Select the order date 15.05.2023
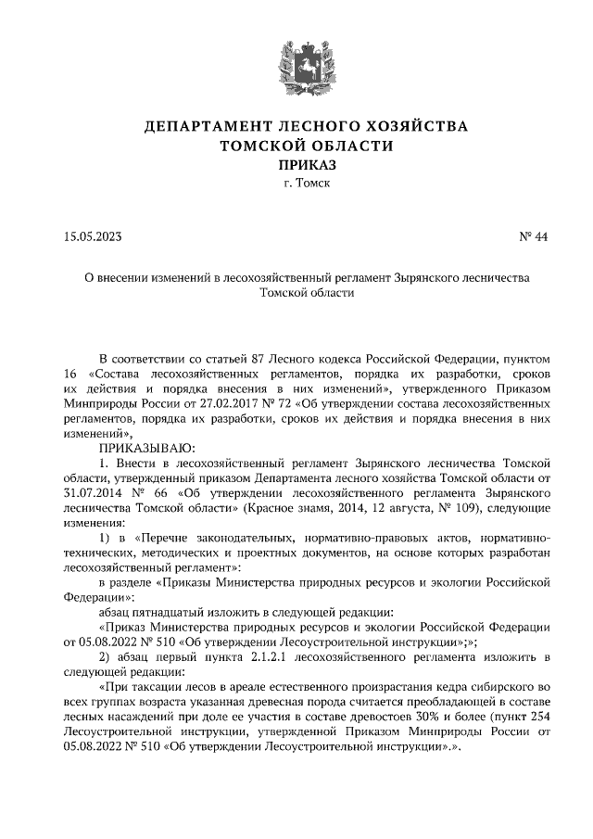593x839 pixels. (x=93, y=236)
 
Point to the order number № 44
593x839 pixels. (x=533, y=236)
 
